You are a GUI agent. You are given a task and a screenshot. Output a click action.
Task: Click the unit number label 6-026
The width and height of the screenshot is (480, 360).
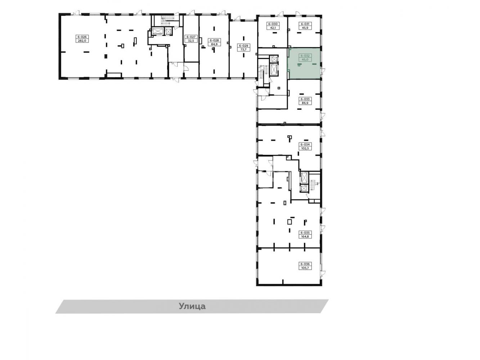click(x=82, y=37)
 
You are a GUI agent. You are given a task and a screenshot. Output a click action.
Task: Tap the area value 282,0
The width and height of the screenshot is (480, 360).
click(x=82, y=41)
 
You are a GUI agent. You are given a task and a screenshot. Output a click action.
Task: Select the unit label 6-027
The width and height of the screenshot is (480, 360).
click(x=191, y=37)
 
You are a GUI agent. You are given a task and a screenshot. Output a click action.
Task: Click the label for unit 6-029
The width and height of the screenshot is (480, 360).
click(x=243, y=46)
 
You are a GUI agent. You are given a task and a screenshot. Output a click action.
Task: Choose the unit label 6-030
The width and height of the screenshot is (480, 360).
click(x=273, y=24)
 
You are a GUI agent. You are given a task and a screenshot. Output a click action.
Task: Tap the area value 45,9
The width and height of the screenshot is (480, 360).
click(x=305, y=28)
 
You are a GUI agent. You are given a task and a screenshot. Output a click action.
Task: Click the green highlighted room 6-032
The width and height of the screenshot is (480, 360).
click(x=304, y=63)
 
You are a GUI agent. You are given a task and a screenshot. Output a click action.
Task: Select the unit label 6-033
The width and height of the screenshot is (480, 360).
click(x=305, y=99)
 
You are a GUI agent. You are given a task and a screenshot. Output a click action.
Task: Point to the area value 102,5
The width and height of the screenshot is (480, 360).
click(x=305, y=148)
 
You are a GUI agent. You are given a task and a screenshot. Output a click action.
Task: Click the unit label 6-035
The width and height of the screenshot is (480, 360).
click(x=305, y=233)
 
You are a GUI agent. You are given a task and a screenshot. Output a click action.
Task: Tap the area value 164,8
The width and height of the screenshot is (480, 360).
click(x=305, y=237)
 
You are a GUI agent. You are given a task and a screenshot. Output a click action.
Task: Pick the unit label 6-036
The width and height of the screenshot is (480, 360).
click(x=305, y=264)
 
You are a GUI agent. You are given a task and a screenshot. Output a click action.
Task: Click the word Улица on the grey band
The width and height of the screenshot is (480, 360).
click(x=192, y=306)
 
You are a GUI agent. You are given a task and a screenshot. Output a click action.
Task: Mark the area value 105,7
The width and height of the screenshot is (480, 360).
click(x=305, y=268)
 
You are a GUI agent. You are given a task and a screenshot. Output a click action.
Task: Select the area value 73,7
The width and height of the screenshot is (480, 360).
click(x=243, y=50)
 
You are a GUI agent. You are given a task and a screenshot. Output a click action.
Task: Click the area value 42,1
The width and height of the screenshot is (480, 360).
click(x=273, y=28)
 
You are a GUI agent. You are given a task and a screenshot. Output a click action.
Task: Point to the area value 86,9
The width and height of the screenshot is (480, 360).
click(x=305, y=103)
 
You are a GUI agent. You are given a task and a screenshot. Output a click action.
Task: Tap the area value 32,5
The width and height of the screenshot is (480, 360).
click(x=191, y=41)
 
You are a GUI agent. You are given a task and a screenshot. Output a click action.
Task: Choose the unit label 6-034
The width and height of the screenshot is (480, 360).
click(x=305, y=144)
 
